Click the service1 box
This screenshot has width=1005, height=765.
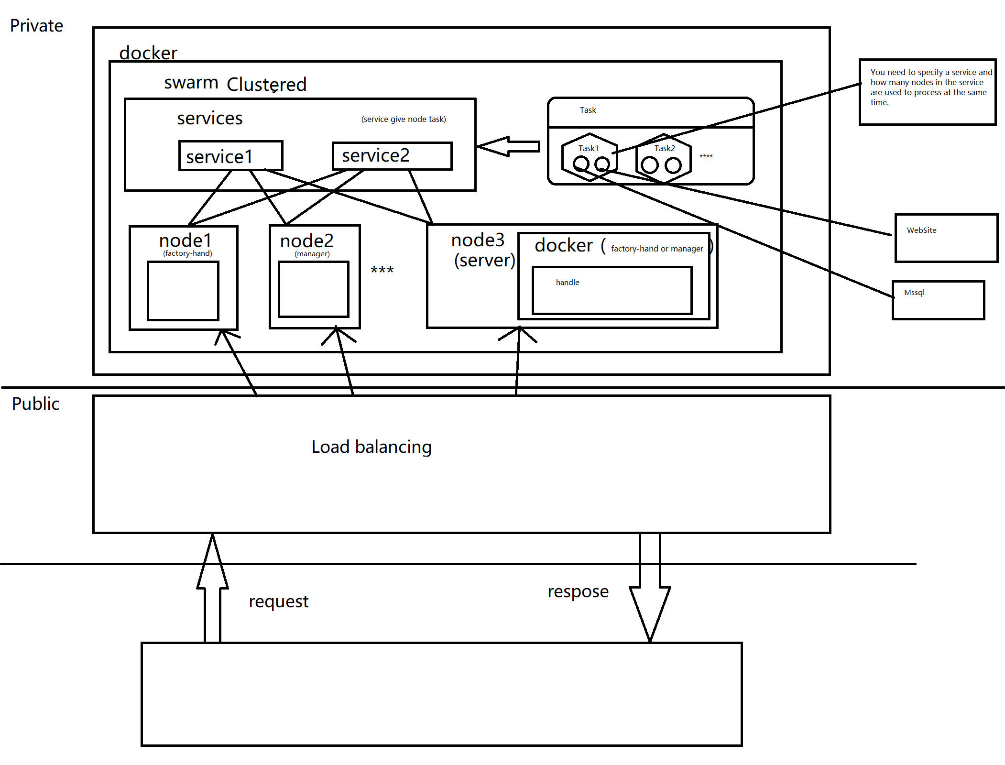(230, 156)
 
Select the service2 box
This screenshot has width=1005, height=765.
(392, 156)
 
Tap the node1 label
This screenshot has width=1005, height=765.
(185, 240)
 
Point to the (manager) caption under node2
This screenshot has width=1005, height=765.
(312, 254)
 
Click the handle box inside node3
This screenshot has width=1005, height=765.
(612, 290)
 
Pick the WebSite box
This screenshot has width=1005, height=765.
(946, 238)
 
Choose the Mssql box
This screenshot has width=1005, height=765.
(938, 300)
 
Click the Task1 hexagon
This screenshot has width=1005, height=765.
(590, 157)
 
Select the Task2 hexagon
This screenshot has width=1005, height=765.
(664, 158)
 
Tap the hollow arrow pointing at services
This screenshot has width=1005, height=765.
(509, 146)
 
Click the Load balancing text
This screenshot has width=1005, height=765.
(371, 447)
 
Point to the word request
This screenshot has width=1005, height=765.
(278, 601)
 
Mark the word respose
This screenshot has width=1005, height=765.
(578, 592)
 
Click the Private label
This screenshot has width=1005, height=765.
(36, 26)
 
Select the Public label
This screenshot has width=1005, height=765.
(35, 404)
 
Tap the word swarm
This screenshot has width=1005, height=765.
(191, 83)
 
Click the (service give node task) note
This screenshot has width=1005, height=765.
(404, 119)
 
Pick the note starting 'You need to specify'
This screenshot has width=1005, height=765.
(928, 87)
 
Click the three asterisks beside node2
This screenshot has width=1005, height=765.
(382, 270)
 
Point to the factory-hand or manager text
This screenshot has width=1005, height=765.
(657, 249)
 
